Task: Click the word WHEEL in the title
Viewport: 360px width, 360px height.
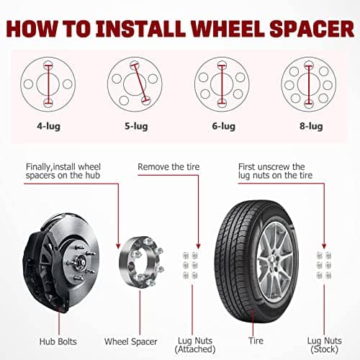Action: click(228, 29)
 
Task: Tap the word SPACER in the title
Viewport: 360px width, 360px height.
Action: click(312, 29)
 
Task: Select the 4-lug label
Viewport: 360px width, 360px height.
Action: click(48, 126)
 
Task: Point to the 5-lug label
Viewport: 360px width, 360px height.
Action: click(136, 126)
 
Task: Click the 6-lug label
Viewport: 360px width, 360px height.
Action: click(223, 126)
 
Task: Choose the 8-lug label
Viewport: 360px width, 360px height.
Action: click(311, 126)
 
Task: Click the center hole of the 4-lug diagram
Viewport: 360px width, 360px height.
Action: click(48, 84)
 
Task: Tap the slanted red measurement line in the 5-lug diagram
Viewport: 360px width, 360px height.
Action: click(140, 83)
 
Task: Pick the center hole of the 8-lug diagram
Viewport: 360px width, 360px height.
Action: click(309, 84)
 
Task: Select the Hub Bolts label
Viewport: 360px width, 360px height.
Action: click(58, 341)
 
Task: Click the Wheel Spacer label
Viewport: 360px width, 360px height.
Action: click(131, 341)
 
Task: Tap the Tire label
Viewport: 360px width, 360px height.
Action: click(256, 341)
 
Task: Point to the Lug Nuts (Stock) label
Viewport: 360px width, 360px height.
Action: click(325, 345)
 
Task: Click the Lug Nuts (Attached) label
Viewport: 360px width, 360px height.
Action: click(195, 345)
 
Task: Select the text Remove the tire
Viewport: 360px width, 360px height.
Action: click(168, 167)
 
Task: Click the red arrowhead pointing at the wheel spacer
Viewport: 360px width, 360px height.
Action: click(118, 246)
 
